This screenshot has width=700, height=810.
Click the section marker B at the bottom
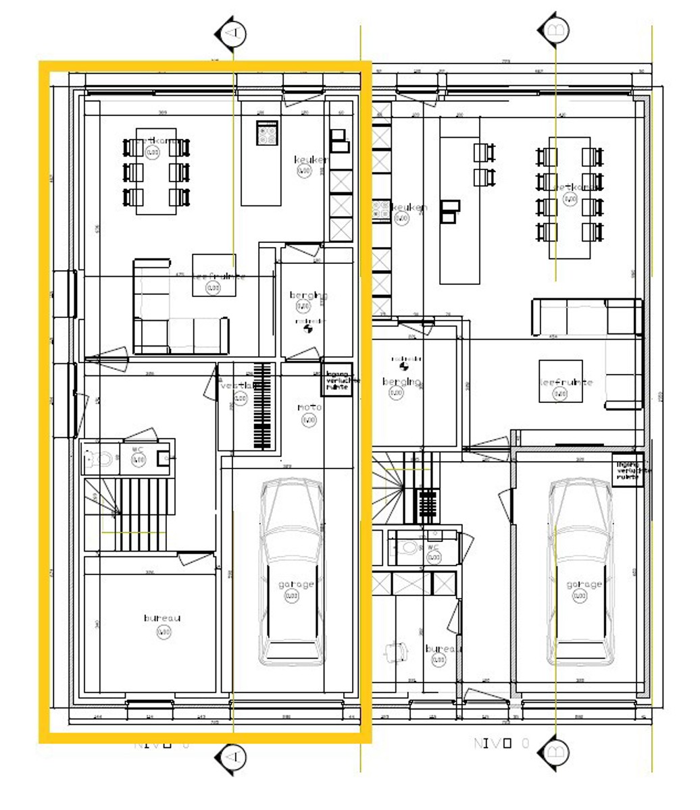(x=553, y=751)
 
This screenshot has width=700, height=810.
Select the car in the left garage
(x=292, y=571)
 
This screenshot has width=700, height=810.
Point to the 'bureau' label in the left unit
(x=162, y=618)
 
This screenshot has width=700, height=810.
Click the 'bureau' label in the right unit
(x=443, y=649)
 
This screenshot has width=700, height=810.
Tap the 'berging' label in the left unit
(x=309, y=296)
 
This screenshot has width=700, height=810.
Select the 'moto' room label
(x=309, y=408)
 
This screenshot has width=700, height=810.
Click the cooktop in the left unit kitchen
(x=267, y=132)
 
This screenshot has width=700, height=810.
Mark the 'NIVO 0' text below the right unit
(x=501, y=744)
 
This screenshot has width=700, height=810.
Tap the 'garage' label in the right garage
(x=580, y=585)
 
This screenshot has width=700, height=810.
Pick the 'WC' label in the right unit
(x=433, y=547)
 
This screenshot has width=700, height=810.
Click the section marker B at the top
(x=553, y=30)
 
